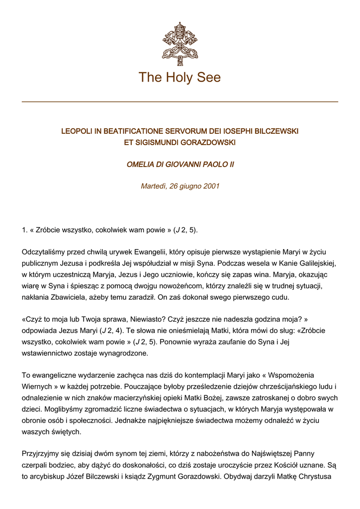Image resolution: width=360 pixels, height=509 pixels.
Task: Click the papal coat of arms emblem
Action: [180, 44]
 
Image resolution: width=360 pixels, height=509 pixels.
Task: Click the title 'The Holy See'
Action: [180, 78]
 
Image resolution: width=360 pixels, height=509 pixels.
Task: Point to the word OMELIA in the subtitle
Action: [141, 165]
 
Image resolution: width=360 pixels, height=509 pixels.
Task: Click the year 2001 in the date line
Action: [211, 186]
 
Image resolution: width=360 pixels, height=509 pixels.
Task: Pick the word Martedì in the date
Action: [155, 186]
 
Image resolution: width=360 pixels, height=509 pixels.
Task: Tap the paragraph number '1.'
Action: [25, 230]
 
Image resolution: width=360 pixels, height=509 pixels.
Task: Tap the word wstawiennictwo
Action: [50, 353]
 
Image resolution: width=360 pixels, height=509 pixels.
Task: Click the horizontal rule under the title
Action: [180, 102]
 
